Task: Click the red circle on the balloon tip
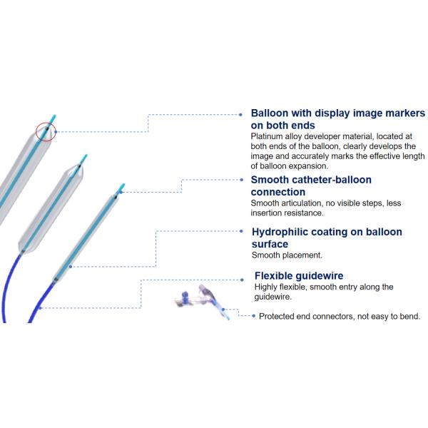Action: tap(46, 131)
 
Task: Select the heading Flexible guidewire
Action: tap(299, 276)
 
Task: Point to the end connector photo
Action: tap(204, 300)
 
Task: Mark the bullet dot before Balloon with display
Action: tap(243, 114)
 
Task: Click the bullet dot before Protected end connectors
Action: tap(253, 316)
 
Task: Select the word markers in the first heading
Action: tap(400, 113)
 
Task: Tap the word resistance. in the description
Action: tap(303, 213)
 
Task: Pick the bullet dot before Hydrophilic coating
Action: tap(244, 232)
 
